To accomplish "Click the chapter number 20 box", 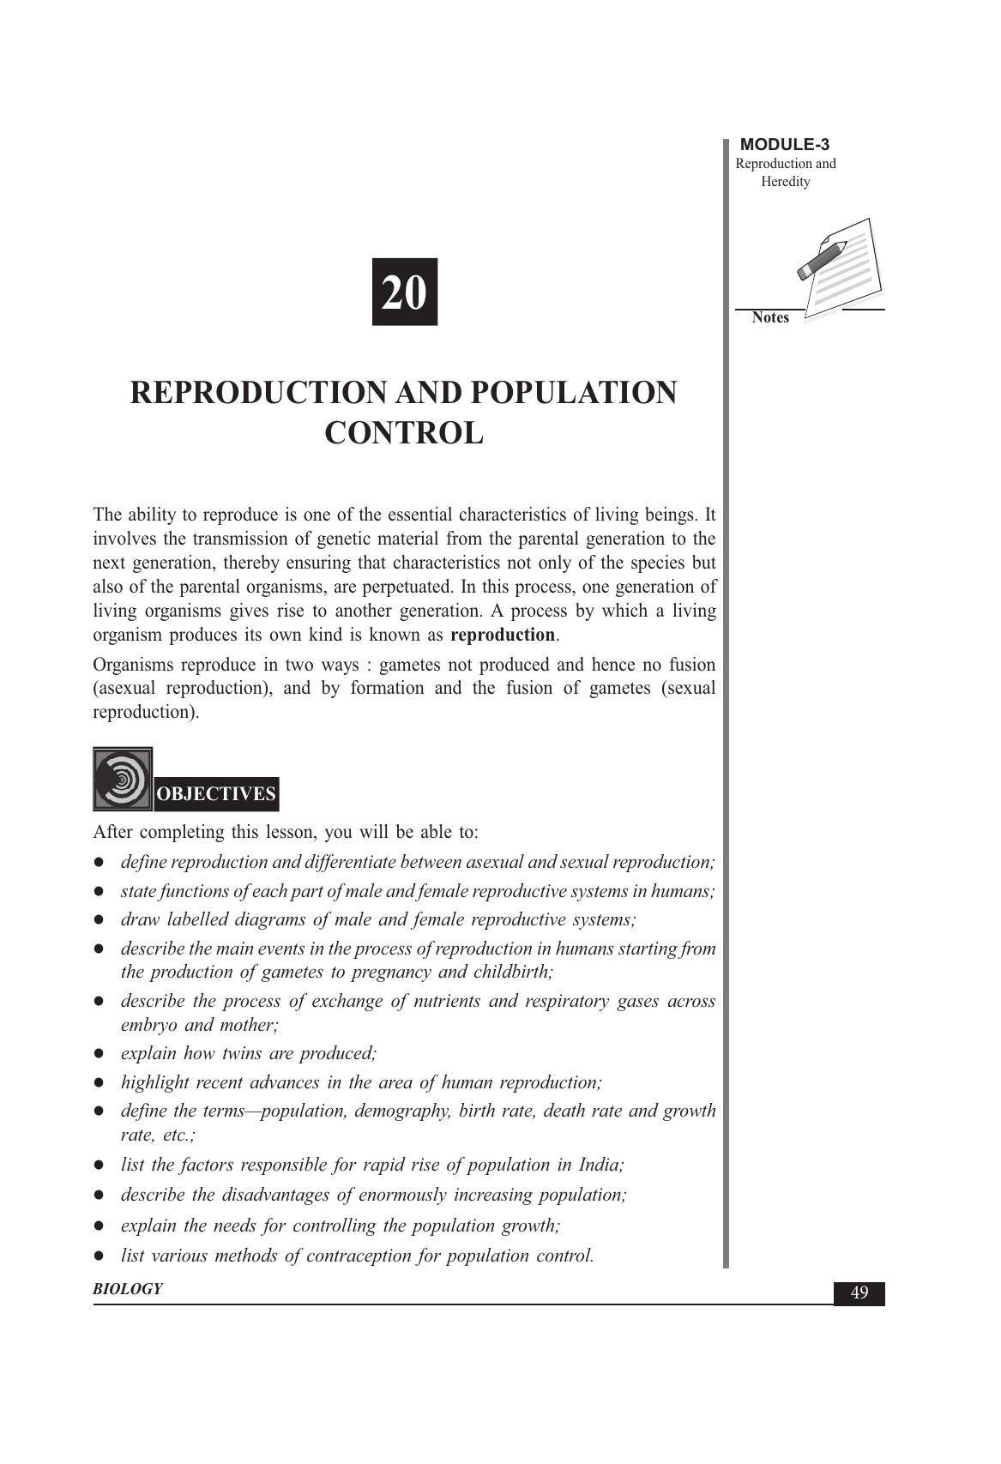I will coord(404,292).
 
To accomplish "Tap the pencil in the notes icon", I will coord(821,260).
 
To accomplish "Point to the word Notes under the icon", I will coord(770,317).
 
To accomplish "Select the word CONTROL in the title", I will coord(403,433).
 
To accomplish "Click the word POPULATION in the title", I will coord(573,393).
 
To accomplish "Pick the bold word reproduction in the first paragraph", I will coord(503,636).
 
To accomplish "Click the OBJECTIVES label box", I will coord(216,793).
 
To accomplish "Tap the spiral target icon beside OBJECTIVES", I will coord(123,779).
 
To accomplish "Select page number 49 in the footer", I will coord(859,1293).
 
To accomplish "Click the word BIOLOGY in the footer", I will coord(128,1289).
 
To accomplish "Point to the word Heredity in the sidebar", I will coord(785,182).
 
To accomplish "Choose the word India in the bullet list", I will coord(600,1165).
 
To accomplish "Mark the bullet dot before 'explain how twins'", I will coord(100,1054).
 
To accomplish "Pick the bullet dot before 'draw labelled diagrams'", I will coord(100,920).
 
